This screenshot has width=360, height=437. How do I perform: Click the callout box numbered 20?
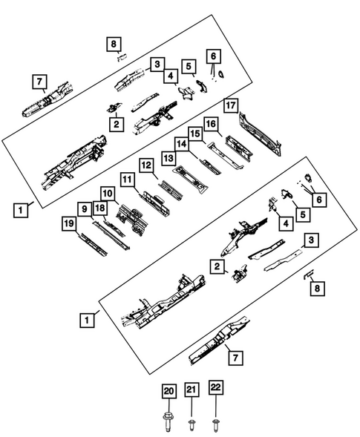(x=168, y=391)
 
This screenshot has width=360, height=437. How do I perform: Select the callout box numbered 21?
(x=192, y=391)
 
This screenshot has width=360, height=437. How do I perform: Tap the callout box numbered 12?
(x=147, y=165)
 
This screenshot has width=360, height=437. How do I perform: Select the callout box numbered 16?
(x=211, y=123)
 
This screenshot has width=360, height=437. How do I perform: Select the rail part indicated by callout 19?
(x=94, y=244)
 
